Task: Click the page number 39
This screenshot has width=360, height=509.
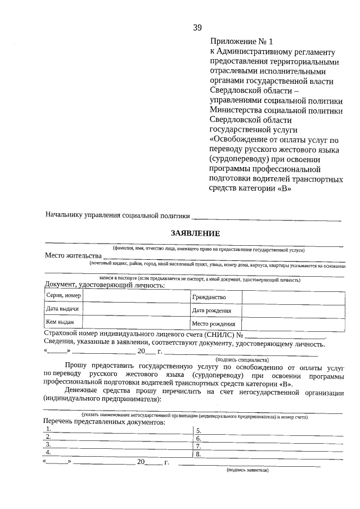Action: tap(197, 28)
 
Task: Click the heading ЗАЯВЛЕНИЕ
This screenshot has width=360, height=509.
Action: tap(195, 233)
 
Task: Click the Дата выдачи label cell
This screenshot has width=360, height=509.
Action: tap(64, 309)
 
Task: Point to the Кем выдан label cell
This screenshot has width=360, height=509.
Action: tap(64, 322)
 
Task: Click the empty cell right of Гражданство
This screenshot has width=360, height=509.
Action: tap(292, 296)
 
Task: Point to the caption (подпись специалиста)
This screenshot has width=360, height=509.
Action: tap(242, 359)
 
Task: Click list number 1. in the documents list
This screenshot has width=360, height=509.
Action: tap(49, 429)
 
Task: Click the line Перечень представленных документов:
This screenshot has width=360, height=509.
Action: tap(103, 422)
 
